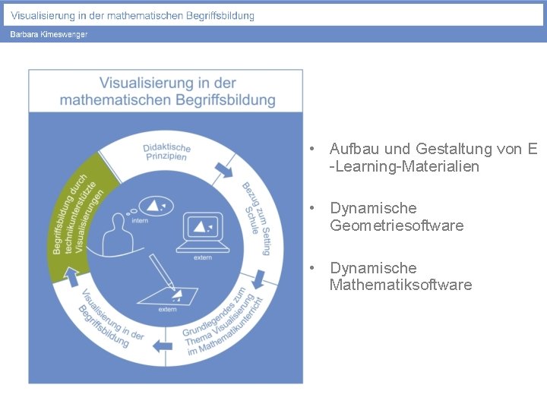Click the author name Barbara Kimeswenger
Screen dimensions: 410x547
click(x=49, y=35)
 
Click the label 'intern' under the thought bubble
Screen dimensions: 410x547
click(x=140, y=221)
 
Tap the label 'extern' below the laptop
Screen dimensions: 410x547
click(x=203, y=258)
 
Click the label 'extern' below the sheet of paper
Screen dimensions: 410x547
click(x=167, y=309)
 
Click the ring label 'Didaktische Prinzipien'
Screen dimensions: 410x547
click(x=167, y=151)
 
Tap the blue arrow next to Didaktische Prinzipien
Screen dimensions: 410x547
click(x=224, y=169)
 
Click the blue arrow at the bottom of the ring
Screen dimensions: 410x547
click(x=163, y=346)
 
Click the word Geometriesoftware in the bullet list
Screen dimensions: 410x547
click(x=397, y=225)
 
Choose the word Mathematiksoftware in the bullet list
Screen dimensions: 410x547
click(x=400, y=285)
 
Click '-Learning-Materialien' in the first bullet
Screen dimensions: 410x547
click(x=404, y=166)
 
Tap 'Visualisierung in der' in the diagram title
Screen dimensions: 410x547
click(x=168, y=83)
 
